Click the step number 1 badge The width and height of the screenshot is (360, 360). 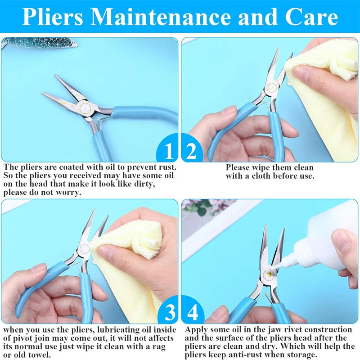(x=168, y=151)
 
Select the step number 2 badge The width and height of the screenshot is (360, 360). (x=192, y=151)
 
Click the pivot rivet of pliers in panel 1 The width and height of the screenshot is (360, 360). (x=85, y=107)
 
